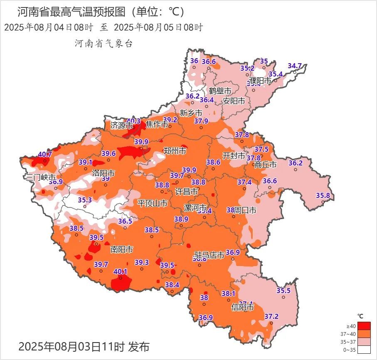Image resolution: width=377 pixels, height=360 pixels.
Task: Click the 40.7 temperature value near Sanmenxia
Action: [45, 154]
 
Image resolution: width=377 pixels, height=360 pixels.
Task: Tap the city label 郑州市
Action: [175, 151]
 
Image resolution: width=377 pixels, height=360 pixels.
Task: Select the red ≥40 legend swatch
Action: [364, 326]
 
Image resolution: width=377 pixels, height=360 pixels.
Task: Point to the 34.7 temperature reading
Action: [295, 66]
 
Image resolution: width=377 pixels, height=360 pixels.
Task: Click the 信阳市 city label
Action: [242, 308]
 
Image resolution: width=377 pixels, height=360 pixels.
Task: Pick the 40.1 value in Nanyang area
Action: [121, 271]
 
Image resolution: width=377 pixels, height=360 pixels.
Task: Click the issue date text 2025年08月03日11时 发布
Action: [84, 346]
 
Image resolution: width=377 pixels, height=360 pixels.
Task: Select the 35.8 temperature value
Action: [323, 195]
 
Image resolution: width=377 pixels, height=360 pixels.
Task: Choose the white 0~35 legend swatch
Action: [364, 350]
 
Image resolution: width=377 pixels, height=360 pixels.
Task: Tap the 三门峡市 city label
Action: [40, 177]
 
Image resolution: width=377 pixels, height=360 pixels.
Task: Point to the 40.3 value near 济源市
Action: [133, 121]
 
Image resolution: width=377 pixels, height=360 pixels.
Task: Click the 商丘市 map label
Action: [266, 165]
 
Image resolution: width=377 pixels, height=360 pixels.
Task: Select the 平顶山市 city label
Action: [153, 203]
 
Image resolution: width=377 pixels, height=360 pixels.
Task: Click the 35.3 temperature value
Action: [85, 200]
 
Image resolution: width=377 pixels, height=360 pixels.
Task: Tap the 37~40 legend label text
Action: [350, 334]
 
